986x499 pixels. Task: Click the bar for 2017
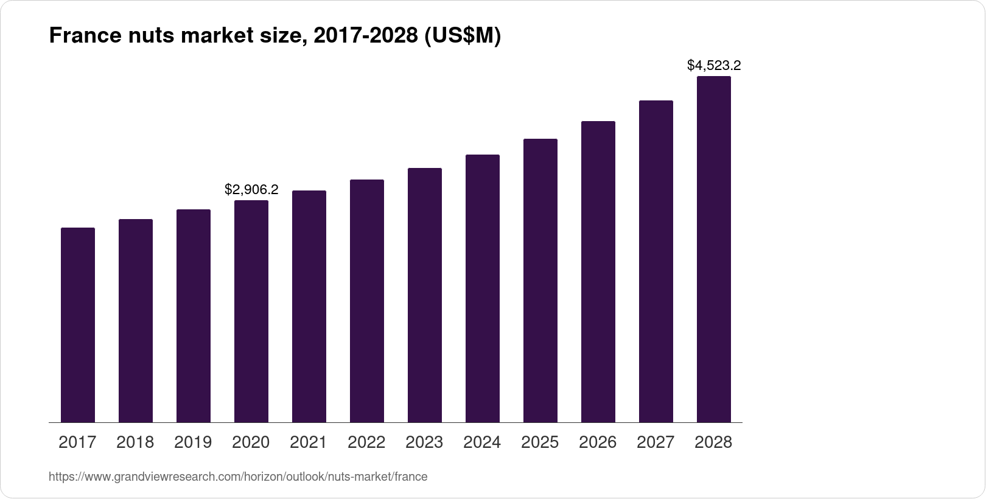pos(78,325)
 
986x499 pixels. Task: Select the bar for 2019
pos(194,316)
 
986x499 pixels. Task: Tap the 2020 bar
pos(251,311)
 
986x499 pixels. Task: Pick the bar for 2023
pos(425,295)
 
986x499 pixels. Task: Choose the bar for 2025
pos(540,281)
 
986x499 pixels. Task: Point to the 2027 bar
pos(656,261)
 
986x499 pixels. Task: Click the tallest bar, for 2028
pos(714,249)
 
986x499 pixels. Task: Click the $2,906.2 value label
pos(251,189)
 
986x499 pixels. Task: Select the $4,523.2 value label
pos(714,65)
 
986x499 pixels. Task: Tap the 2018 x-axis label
pos(135,442)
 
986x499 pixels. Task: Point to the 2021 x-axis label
pos(309,442)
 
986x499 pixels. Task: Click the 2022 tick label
pos(366,442)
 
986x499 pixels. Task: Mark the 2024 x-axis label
pos(482,442)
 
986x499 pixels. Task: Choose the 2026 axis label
pos(598,442)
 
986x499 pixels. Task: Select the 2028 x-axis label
pos(713,442)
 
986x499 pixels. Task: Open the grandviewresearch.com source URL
pos(238,477)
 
